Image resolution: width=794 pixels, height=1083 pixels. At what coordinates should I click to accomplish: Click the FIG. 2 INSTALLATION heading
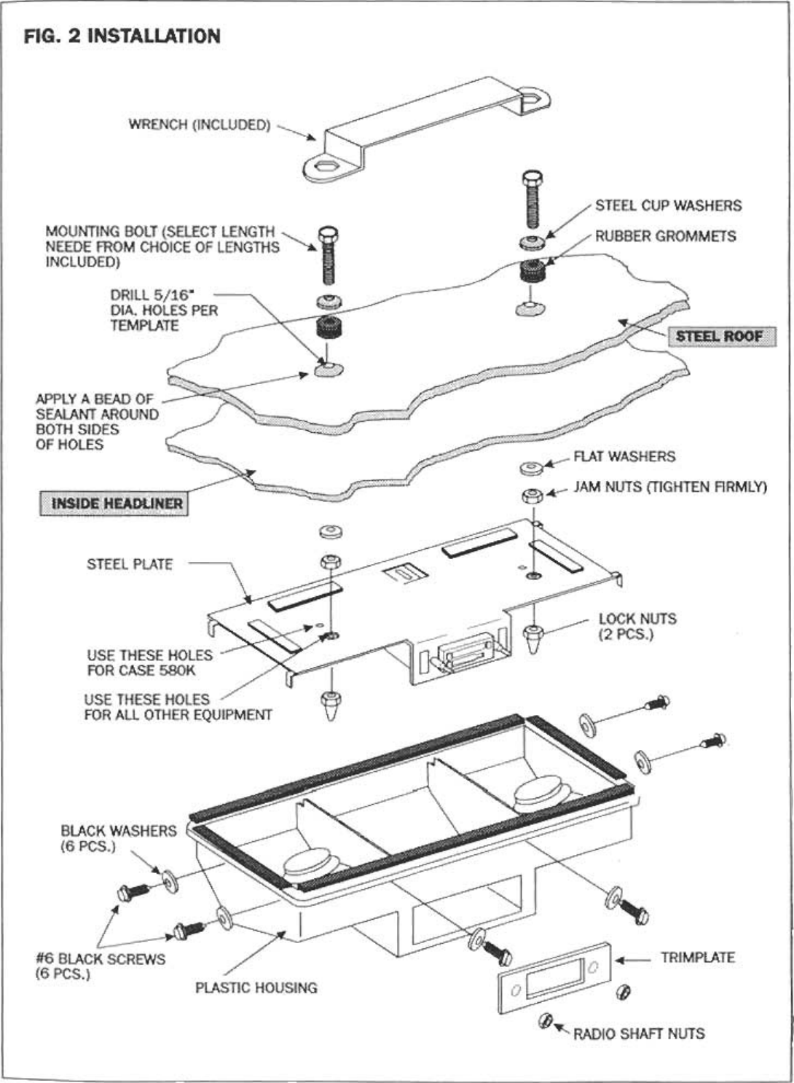click(122, 36)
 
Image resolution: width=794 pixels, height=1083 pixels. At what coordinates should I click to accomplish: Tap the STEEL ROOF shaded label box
click(718, 336)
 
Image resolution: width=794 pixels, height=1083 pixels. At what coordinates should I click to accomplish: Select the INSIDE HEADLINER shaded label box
click(113, 504)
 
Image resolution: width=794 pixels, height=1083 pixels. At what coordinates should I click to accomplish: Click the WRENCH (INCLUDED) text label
click(199, 125)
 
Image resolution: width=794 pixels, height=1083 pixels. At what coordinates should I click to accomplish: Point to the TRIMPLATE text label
click(697, 958)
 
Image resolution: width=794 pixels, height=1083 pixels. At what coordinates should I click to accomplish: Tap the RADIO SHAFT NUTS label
click(639, 1033)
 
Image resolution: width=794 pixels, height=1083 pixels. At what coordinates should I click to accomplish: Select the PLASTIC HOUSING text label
click(256, 988)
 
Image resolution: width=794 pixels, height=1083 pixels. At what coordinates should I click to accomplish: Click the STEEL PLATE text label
click(130, 563)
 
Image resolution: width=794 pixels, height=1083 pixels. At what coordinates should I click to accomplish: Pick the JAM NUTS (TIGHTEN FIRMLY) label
click(669, 486)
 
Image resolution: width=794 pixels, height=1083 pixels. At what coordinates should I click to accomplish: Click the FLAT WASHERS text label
click(624, 456)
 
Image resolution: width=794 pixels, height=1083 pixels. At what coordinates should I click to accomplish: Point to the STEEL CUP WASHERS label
click(668, 206)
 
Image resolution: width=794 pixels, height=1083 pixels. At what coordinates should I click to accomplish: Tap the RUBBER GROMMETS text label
click(665, 236)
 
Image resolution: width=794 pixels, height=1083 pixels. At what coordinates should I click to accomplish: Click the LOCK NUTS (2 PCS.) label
click(637, 626)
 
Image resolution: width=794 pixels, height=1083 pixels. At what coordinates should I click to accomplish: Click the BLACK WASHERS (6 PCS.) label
click(118, 839)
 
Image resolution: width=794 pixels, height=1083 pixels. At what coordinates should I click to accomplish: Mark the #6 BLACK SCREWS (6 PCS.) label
click(101, 966)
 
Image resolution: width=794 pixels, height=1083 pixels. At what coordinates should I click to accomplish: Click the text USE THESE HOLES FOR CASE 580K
click(149, 662)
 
